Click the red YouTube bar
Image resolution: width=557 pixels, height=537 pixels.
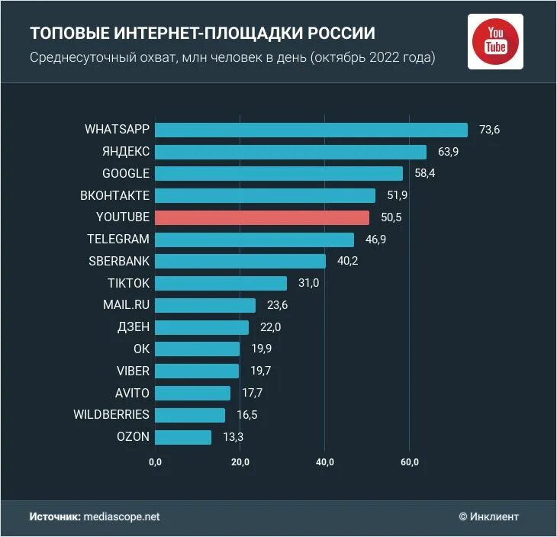(262, 217)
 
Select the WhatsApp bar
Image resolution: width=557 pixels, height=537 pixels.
(311, 130)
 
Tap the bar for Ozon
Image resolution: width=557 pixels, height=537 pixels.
(183, 437)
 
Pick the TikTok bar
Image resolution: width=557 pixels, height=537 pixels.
(221, 283)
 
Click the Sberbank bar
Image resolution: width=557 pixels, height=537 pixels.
(240, 261)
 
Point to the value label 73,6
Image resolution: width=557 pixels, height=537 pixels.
(489, 130)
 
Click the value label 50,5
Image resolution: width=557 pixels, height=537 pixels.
(391, 217)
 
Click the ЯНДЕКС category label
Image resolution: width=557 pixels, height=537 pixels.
(125, 151)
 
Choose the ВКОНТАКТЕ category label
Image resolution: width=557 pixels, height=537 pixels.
(114, 195)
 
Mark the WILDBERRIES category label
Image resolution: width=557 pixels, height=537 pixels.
(111, 415)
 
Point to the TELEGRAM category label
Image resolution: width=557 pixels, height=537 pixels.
(118, 239)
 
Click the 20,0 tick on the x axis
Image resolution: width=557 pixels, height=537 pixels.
(240, 462)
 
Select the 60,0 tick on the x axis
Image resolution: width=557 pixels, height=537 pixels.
(410, 462)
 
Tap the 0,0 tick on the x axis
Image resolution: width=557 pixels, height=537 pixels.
(156, 462)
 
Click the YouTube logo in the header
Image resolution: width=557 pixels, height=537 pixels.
(495, 41)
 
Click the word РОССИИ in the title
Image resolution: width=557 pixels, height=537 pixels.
(341, 34)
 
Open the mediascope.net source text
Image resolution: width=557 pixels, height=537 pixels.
(122, 516)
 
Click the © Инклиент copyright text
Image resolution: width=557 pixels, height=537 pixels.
(488, 516)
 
